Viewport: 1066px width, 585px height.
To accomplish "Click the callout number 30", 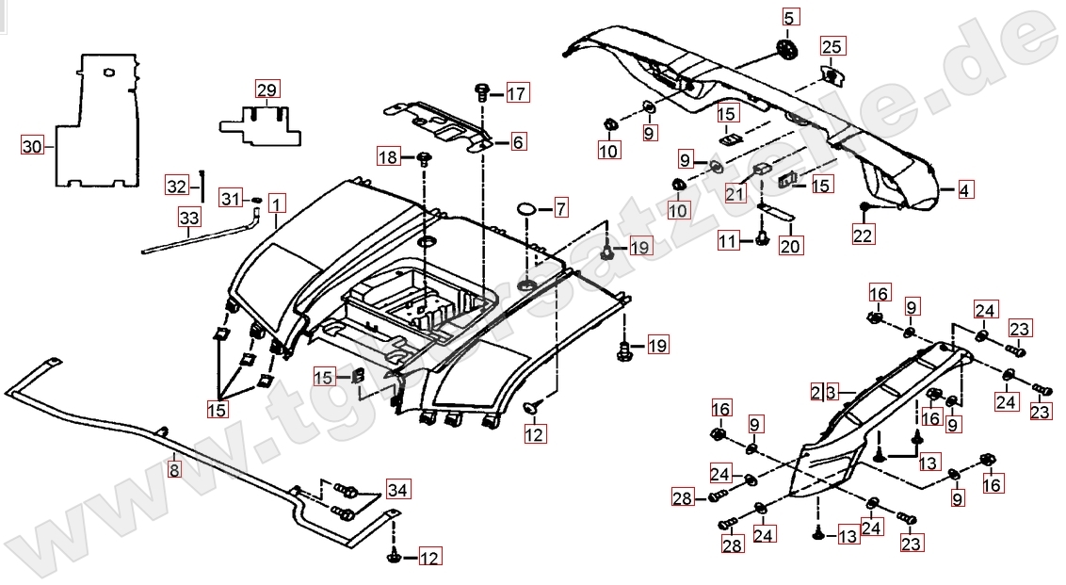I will click(33, 146).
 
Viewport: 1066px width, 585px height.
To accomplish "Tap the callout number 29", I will click(266, 90).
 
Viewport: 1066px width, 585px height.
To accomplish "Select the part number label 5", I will click(789, 16).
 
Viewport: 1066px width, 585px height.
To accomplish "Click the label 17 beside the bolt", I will click(517, 93).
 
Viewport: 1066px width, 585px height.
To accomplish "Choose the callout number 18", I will click(389, 155).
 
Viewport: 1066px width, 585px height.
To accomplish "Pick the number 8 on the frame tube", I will click(174, 469).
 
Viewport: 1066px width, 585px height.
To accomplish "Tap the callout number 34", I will click(398, 489).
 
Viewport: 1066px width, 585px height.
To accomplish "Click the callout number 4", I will click(964, 190).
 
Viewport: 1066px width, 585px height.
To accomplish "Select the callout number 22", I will click(863, 236).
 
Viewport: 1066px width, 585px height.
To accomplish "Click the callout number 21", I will click(735, 194).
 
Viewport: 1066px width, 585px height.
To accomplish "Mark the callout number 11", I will click(728, 242).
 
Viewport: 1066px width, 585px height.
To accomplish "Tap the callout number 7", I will click(560, 206).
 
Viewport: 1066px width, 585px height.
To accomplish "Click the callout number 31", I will click(230, 198).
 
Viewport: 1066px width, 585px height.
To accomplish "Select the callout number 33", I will click(189, 219).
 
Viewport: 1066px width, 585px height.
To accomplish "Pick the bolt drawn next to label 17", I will click(482, 92).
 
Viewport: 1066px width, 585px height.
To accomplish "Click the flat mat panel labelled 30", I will click(99, 118).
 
